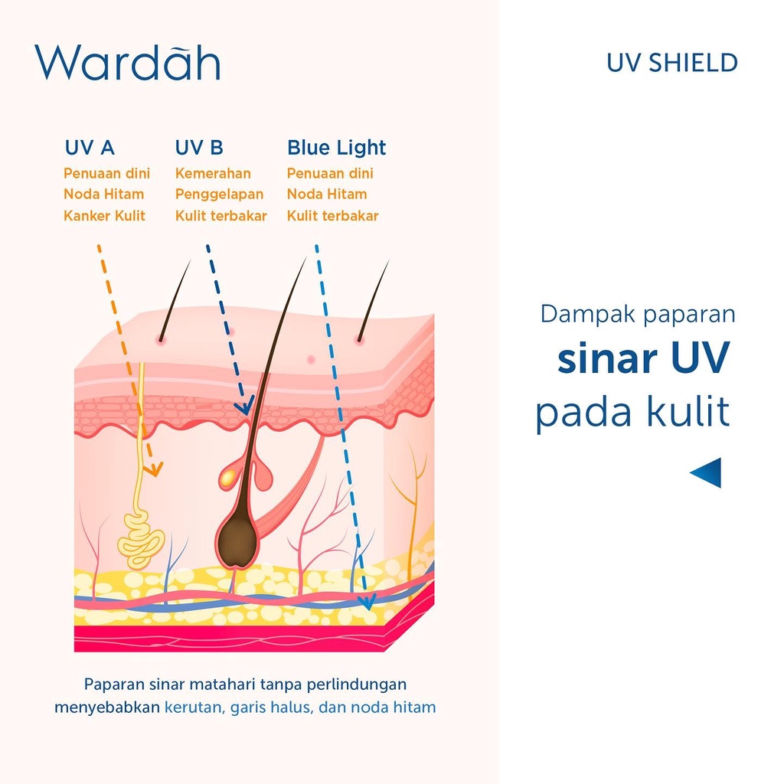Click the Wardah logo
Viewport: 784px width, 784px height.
click(127, 63)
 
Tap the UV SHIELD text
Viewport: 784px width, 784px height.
click(671, 63)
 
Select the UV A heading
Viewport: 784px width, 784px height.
click(90, 148)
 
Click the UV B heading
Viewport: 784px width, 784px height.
click(199, 148)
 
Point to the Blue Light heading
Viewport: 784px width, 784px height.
click(336, 148)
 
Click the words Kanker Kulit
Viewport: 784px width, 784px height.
click(104, 216)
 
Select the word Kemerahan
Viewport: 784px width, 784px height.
click(213, 174)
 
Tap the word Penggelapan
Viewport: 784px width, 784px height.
click(219, 194)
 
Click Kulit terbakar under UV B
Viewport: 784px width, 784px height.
click(220, 216)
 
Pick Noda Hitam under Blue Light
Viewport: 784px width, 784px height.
click(327, 194)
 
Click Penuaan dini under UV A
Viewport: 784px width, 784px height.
click(106, 174)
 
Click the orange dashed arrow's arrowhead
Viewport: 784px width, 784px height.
click(154, 468)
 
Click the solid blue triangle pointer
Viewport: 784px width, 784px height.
click(707, 472)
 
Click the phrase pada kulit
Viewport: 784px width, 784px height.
click(632, 413)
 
